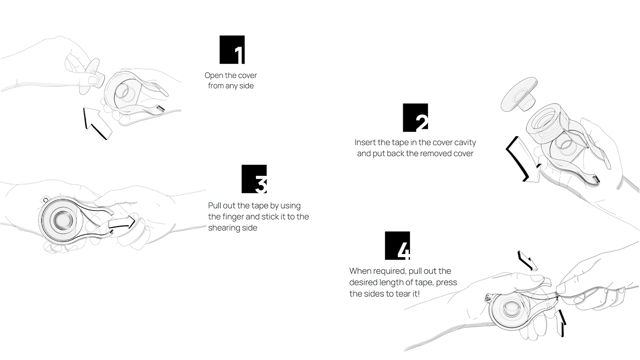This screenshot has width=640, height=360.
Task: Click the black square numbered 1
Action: pyautogui.click(x=232, y=50)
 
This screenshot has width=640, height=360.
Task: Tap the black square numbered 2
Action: pyautogui.click(x=416, y=117)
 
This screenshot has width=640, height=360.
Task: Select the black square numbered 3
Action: pyautogui.click(x=254, y=179)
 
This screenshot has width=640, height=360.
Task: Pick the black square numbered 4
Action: pyautogui.click(x=397, y=245)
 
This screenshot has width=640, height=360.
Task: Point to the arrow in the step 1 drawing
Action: pyautogui.click(x=97, y=123)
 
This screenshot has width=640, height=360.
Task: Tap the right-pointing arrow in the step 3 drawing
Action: pyautogui.click(x=122, y=223)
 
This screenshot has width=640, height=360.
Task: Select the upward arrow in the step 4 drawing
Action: pyautogui.click(x=560, y=323)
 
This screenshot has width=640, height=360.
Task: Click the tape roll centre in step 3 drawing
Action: pyautogui.click(x=63, y=220)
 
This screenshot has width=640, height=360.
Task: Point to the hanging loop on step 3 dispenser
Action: pyautogui.click(x=45, y=199)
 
